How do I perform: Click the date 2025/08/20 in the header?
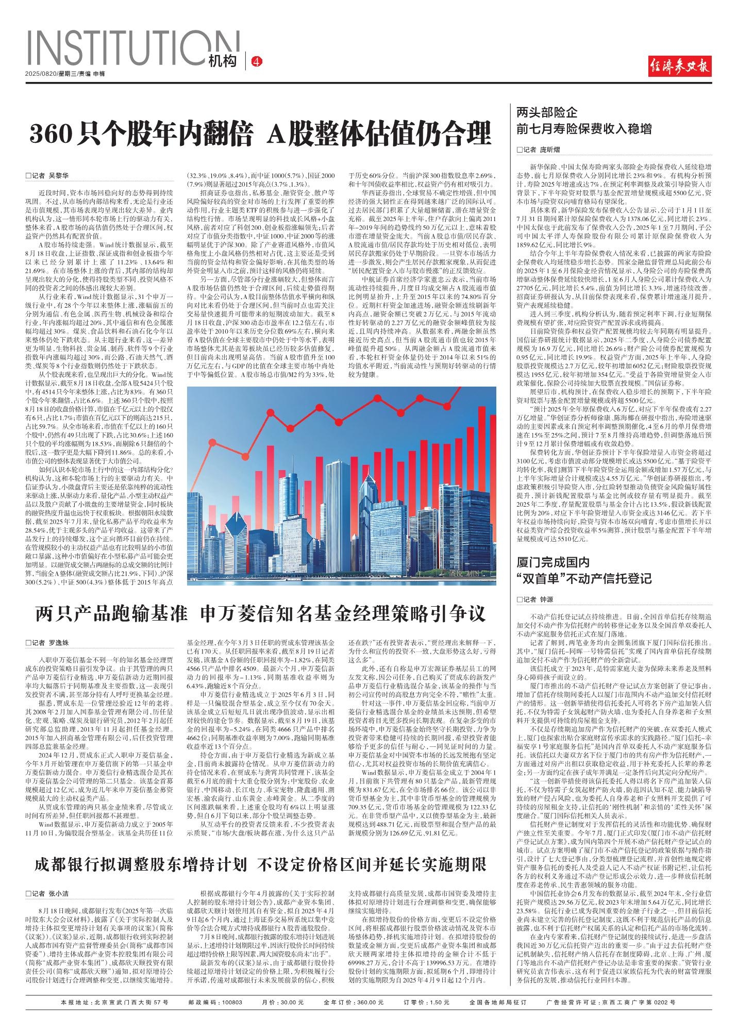click(x=41, y=74)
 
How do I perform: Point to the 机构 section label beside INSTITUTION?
click(x=223, y=61)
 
